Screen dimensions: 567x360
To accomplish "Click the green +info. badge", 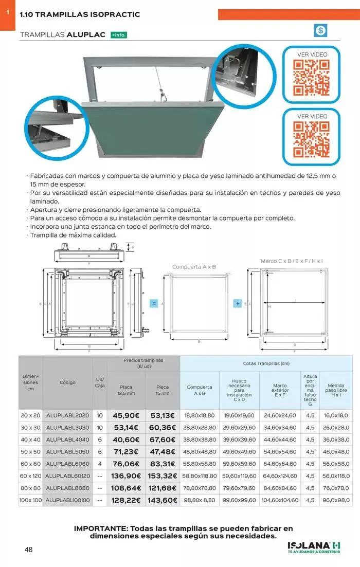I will click(x=119, y=35).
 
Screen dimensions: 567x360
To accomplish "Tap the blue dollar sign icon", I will click(x=320, y=30).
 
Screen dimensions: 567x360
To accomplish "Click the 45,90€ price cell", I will click(x=126, y=415).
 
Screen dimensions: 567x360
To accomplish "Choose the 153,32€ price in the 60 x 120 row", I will click(x=163, y=476).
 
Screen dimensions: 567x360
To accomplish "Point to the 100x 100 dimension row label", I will click(x=30, y=500).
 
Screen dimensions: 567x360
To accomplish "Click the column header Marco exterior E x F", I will click(x=280, y=390).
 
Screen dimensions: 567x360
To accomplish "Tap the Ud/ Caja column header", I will click(x=100, y=382).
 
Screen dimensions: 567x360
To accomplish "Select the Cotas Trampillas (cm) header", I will click(x=266, y=363).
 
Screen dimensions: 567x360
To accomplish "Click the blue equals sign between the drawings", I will click(x=154, y=303).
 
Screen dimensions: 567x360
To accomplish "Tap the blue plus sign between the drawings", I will click(x=238, y=303).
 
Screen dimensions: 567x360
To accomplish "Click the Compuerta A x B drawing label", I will click(x=194, y=267).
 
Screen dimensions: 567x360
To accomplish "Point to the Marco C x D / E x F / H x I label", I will click(x=292, y=261).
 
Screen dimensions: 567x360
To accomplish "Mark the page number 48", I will click(x=29, y=550).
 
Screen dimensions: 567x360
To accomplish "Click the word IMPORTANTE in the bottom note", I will click(x=100, y=528).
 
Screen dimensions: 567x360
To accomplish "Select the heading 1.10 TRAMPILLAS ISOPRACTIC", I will click(x=80, y=15).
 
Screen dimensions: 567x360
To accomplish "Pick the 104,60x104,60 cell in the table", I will click(x=280, y=500).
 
